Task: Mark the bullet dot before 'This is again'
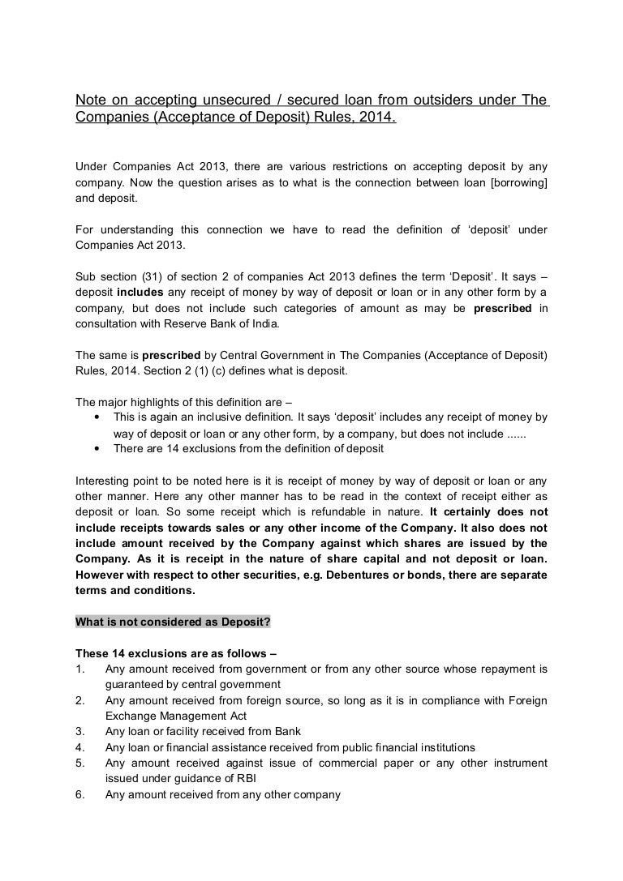tap(97, 417)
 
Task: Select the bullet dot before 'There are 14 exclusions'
tap(97, 448)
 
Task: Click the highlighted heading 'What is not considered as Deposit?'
tap(173, 622)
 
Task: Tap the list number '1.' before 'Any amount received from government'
tap(79, 669)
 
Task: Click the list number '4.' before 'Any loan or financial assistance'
tap(79, 747)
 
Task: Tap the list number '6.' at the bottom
tap(79, 794)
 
